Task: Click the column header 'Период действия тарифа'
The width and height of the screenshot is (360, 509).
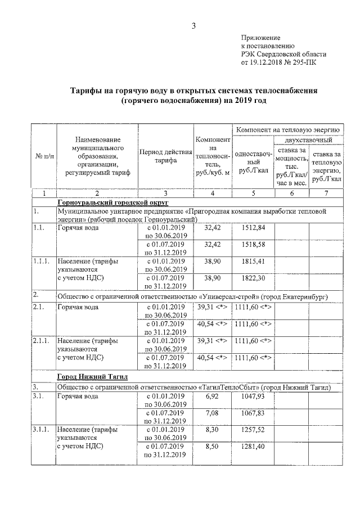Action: click(x=165, y=156)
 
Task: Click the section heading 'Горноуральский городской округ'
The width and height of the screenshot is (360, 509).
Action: click(x=112, y=201)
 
